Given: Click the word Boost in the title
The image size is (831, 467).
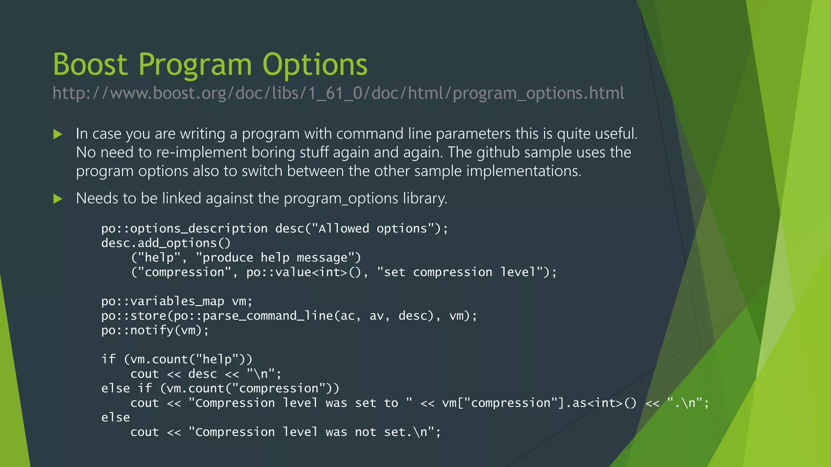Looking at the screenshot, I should pos(90,64).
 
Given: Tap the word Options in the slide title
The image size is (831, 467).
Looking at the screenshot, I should pos(314,64).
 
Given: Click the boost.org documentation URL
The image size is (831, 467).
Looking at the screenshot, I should pos(338,93).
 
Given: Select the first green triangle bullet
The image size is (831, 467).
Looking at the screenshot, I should pos(58,134).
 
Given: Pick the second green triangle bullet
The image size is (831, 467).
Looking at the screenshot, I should pos(58,199).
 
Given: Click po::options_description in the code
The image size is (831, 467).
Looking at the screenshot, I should pos(184,229).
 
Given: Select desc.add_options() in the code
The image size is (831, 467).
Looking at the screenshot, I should pos(166,243).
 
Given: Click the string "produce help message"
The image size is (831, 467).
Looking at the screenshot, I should pos(278,258).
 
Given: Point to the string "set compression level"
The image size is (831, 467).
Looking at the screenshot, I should pos(463,272).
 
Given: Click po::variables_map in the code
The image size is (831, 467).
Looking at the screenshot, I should pos(162,301).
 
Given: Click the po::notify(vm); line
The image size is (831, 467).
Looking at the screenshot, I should pos(155,330).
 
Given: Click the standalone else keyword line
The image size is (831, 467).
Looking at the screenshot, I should pos(116,418).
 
